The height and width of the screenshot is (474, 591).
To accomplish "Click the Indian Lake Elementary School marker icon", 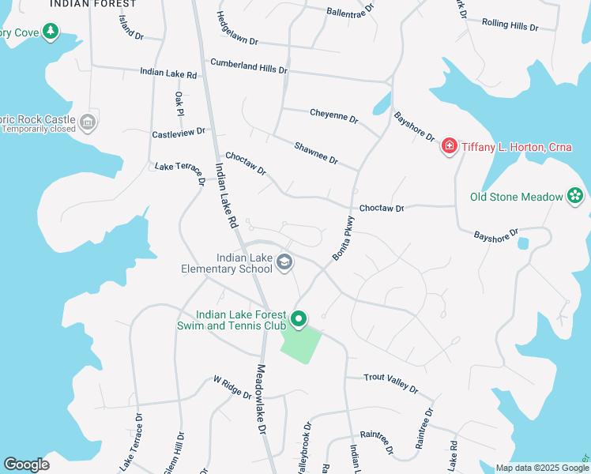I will click(284, 262).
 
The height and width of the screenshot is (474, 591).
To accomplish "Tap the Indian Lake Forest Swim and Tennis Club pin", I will click(299, 319).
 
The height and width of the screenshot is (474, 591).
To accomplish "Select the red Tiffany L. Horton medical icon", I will click(449, 146).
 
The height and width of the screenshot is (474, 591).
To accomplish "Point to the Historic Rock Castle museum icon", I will click(88, 122).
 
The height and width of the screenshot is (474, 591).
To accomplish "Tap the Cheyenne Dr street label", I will click(333, 117).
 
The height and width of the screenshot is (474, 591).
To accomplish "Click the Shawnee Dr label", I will click(315, 153).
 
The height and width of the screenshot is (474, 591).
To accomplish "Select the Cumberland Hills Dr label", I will click(248, 66).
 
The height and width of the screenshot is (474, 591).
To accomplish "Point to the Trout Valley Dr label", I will click(390, 382).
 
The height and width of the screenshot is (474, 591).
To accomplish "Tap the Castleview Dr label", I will click(179, 134).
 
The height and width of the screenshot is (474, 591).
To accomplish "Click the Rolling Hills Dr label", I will click(509, 25).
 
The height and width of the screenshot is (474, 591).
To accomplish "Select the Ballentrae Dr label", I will click(354, 12).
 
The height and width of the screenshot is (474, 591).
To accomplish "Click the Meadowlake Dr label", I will click(260, 399).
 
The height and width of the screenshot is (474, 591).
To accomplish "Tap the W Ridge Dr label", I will click(232, 386).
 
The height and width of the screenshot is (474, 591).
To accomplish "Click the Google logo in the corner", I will click(26, 465).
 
